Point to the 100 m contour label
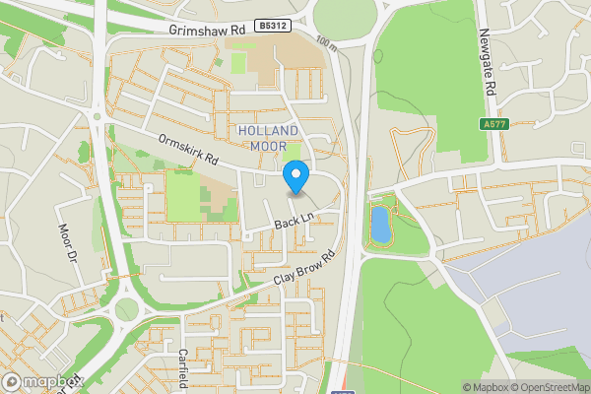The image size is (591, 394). coord(328,43)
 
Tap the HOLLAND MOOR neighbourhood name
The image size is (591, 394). coord(268,138)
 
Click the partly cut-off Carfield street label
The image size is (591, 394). coord(182,369)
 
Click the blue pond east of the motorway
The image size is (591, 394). coord(379,225)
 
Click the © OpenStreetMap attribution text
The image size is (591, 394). coord(545,387)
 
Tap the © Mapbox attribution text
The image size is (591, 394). coord(483,387)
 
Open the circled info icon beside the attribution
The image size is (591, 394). coord(455,387)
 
